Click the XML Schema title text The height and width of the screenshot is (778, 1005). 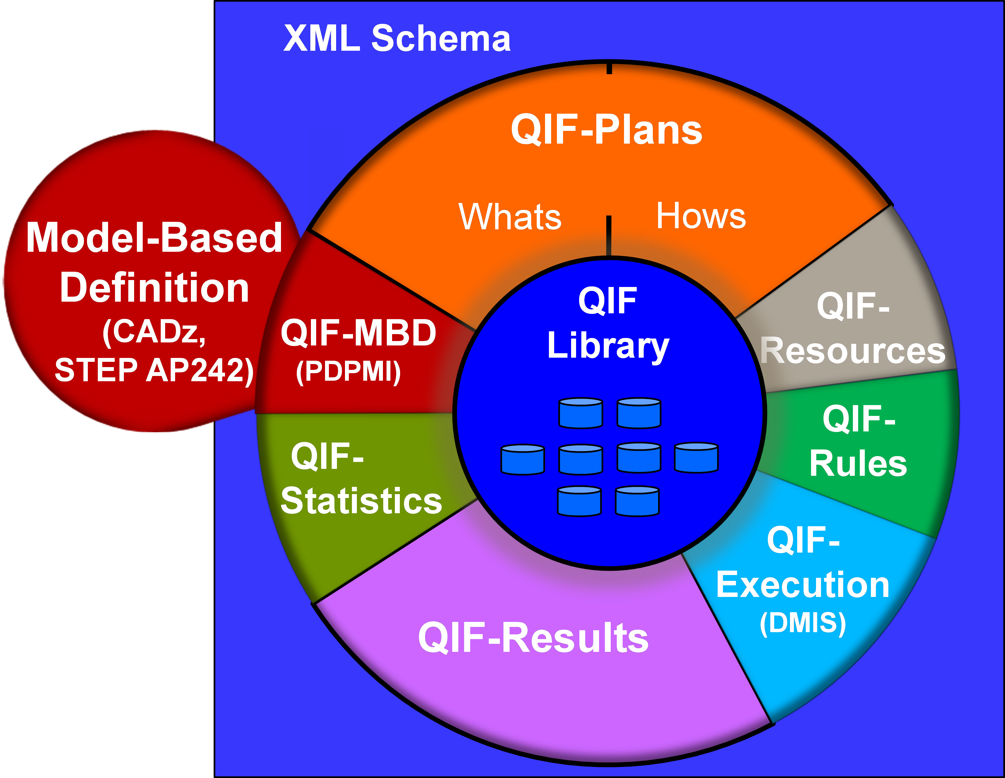point(397,38)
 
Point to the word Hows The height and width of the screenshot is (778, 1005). point(700,216)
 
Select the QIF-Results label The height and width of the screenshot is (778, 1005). point(533,638)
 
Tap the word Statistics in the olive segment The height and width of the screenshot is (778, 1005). point(361,501)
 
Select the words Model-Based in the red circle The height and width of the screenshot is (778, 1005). point(154,238)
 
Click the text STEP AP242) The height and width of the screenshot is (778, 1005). point(154,370)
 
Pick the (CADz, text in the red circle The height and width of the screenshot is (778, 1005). point(154,331)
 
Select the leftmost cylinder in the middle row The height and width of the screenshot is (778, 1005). point(523,459)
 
